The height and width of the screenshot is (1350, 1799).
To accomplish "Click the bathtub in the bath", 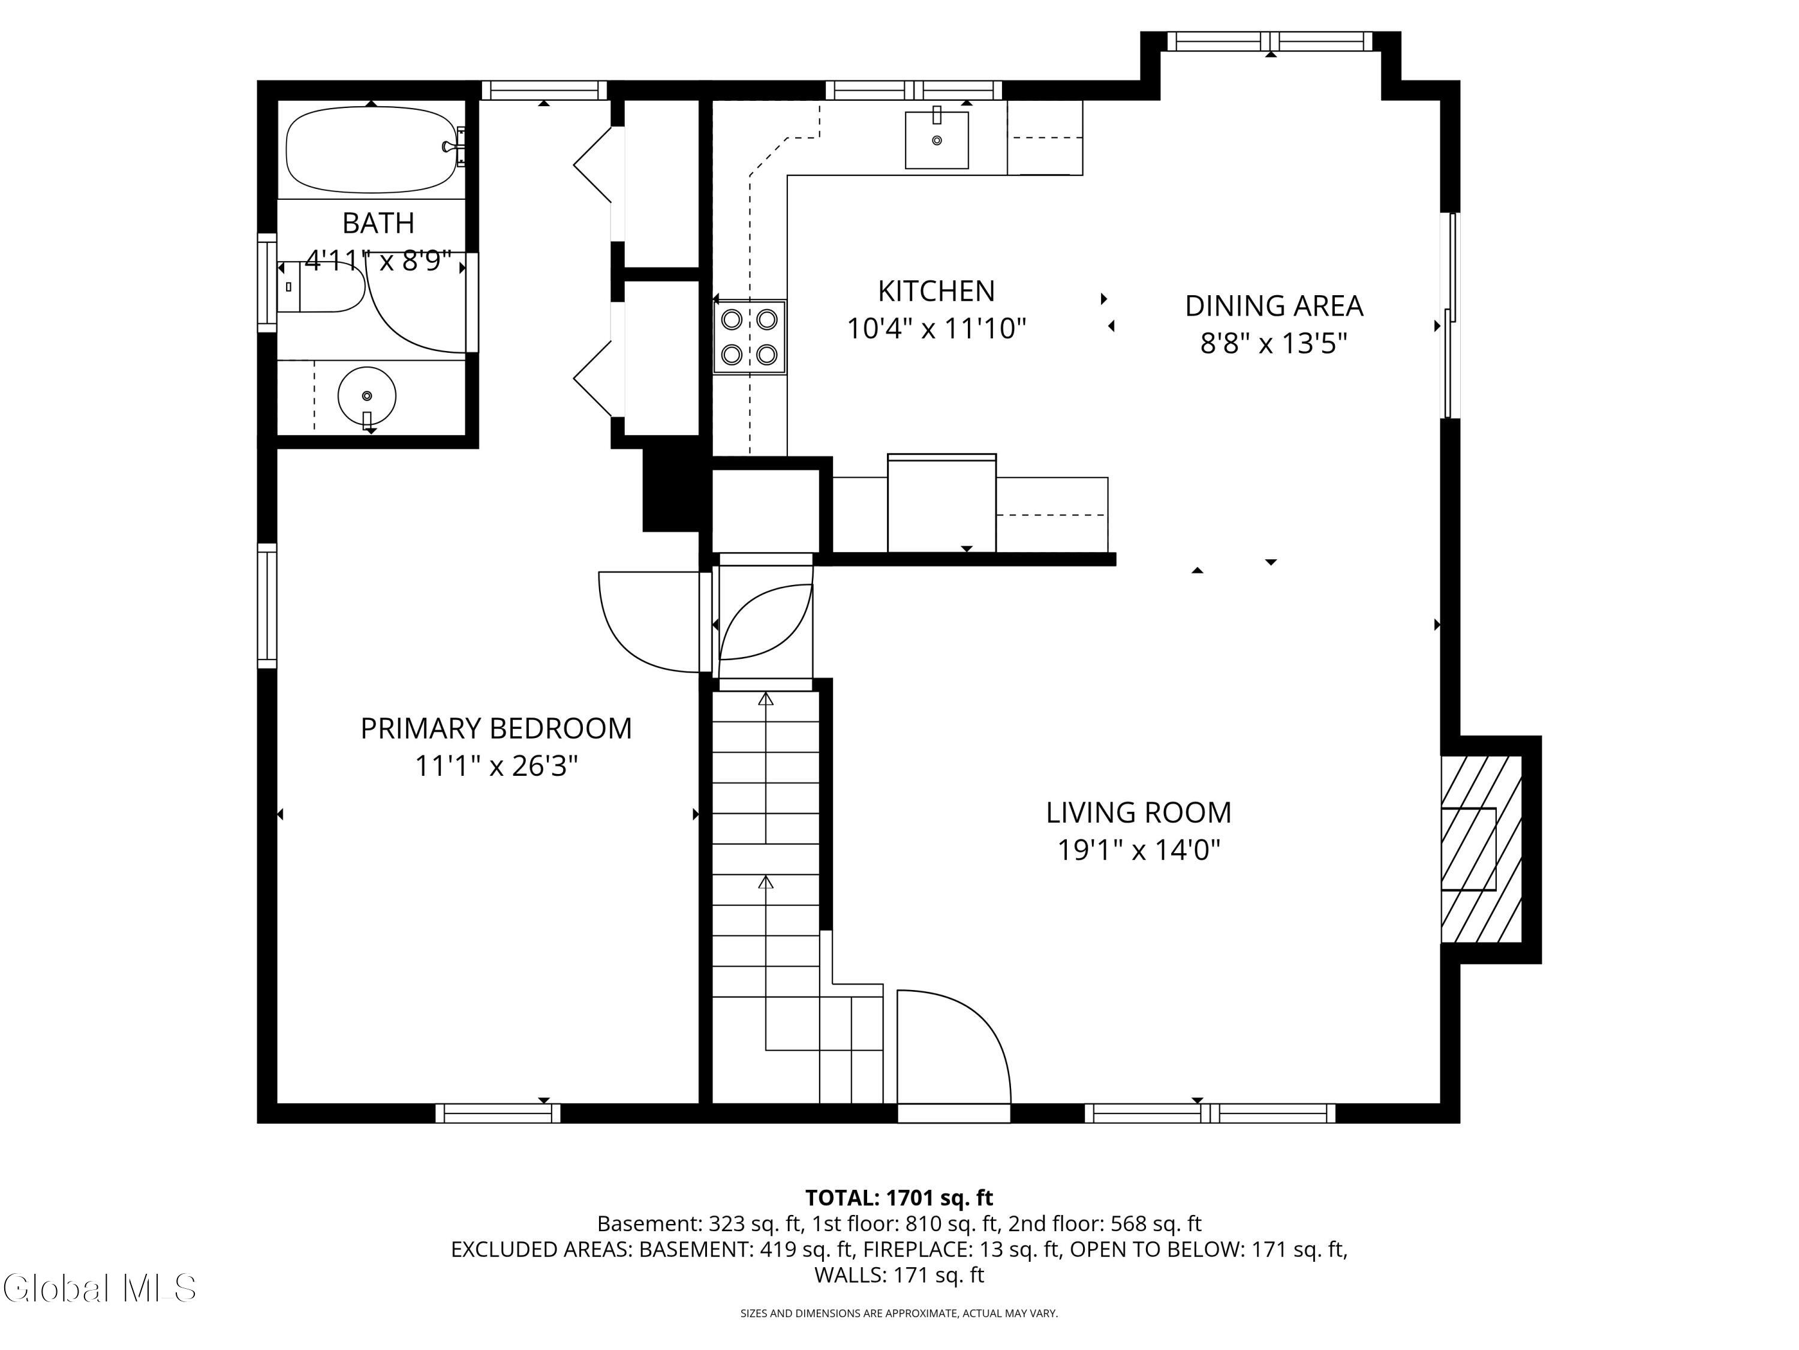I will [x=371, y=149].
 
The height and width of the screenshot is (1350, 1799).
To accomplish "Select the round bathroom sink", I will [x=367, y=396].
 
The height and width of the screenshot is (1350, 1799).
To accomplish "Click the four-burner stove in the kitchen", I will [x=749, y=337].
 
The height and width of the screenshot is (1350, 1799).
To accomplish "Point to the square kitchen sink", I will [x=937, y=140].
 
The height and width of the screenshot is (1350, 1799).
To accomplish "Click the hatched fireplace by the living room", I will [x=1480, y=849].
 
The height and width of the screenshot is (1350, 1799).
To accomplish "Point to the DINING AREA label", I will [x=1274, y=306].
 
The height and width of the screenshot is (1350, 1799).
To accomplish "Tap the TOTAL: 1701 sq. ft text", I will [x=899, y=1198].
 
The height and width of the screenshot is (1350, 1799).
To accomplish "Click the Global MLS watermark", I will [x=99, y=1288].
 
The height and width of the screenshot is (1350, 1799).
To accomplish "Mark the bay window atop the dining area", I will [x=1269, y=41].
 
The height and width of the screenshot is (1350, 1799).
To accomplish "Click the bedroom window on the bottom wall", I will [x=498, y=1113].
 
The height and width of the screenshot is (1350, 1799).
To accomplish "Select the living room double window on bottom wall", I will [x=1210, y=1113].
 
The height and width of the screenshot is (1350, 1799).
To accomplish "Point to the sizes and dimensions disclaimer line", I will [x=899, y=1313].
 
